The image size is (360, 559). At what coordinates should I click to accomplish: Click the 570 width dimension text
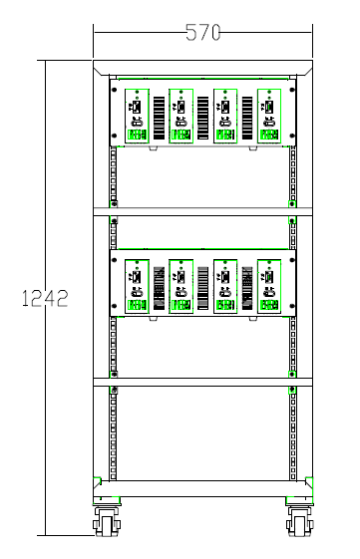203,32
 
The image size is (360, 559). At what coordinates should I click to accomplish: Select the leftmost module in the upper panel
137,117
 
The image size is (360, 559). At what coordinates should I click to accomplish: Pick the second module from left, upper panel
180,117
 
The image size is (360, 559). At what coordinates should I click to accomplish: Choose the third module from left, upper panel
224,117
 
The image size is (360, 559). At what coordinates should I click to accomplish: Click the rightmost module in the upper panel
268,117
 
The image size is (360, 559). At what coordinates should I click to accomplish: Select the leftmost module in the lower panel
137,286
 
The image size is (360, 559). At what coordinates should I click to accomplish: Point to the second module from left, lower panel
180,286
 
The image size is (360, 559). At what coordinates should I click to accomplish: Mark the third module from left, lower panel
224,286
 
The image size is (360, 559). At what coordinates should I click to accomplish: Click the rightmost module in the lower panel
268,286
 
